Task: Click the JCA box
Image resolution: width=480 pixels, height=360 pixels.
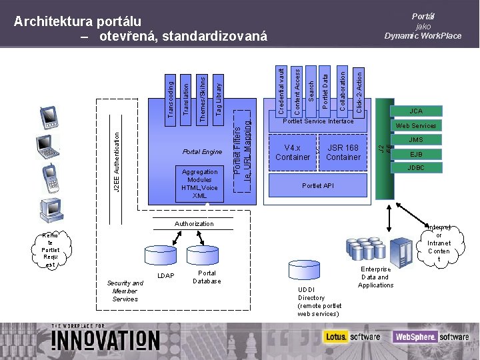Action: tap(416, 111)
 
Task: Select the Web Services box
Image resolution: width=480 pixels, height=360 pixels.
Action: tap(416, 126)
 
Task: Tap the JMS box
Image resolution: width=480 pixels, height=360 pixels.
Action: tap(416, 140)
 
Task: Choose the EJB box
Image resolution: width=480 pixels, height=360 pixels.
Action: tap(416, 154)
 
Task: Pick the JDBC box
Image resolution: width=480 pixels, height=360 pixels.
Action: tap(416, 168)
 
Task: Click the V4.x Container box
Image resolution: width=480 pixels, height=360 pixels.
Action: tap(293, 153)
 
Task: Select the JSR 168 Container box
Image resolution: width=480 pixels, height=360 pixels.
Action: tap(343, 153)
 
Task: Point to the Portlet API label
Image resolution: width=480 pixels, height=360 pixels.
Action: tap(318, 185)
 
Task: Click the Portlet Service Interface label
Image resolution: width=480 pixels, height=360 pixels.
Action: tap(318, 121)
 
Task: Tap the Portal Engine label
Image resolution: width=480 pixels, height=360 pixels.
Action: tap(202, 152)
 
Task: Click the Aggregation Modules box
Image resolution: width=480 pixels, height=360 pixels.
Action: tap(200, 183)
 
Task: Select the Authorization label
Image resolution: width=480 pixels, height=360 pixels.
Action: tap(194, 224)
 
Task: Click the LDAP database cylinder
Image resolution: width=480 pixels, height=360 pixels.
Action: tap(157, 256)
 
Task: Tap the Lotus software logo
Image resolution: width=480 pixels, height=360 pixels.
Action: tap(351, 337)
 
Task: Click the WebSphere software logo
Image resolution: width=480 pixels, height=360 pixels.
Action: tap(430, 337)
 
